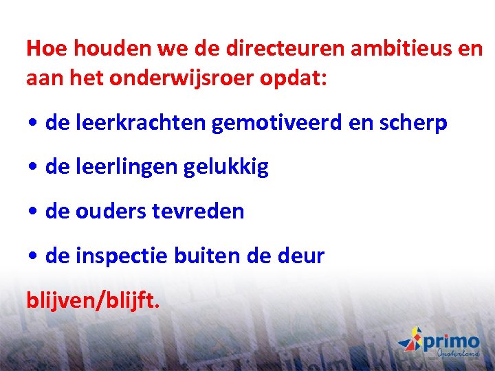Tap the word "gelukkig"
tap(225, 167)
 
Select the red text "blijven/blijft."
tap(93, 300)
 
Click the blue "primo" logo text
tap(450, 341)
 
